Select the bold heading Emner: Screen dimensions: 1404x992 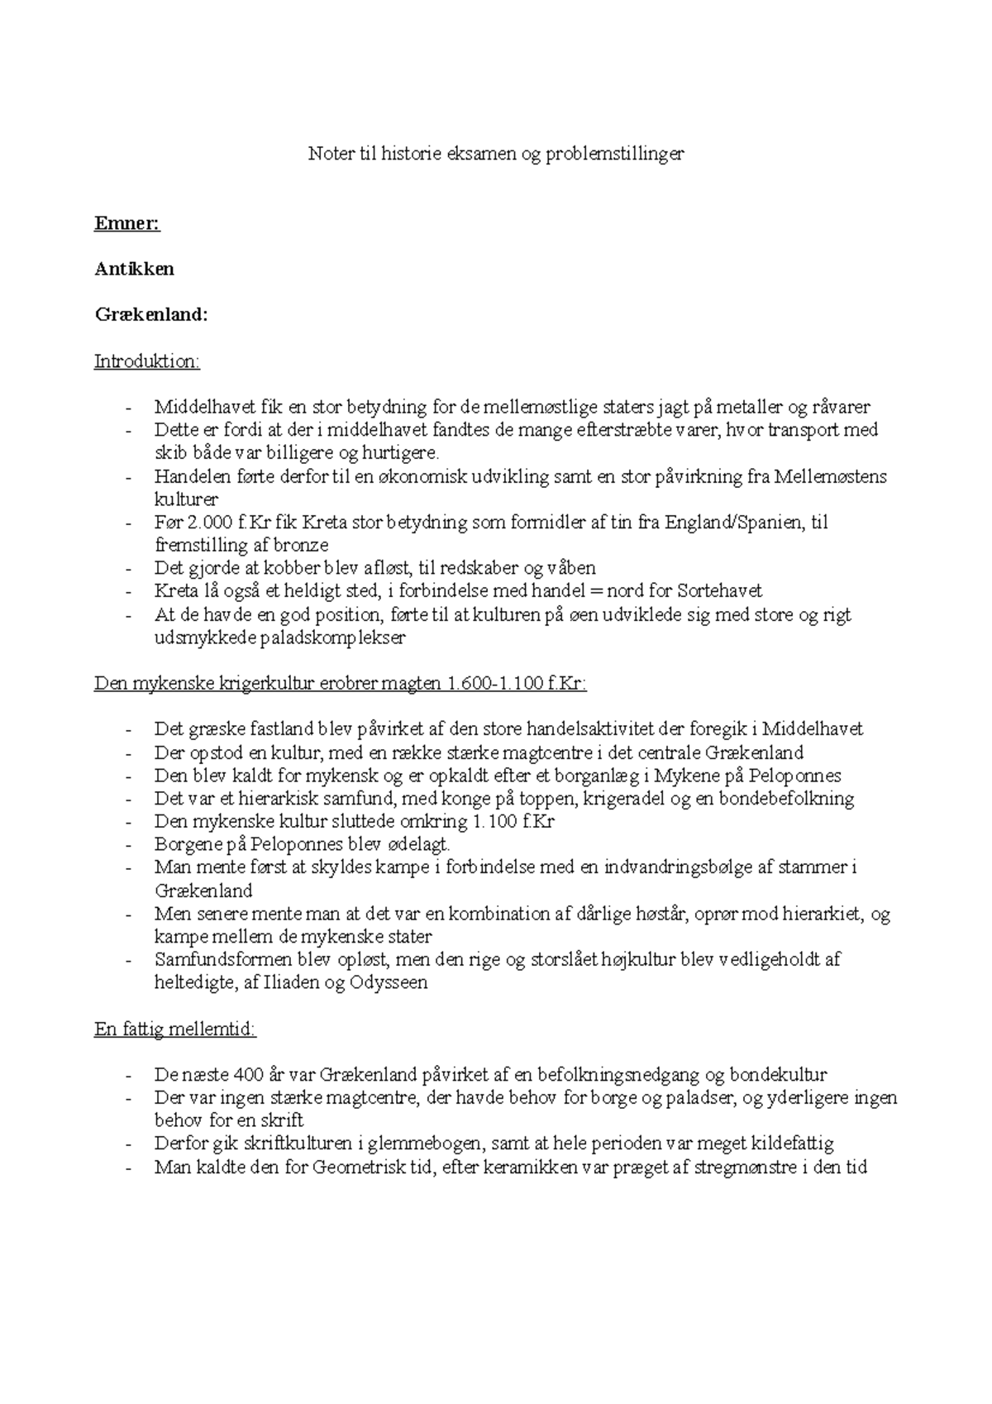click(x=127, y=223)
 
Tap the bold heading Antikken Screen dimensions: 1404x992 click(x=134, y=269)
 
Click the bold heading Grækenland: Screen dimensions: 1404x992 click(x=151, y=315)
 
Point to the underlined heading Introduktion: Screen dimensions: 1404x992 click(x=147, y=361)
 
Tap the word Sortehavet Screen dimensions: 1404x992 click(x=719, y=591)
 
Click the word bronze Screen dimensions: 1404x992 click(x=298, y=546)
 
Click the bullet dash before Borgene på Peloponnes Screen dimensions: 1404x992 click(x=129, y=845)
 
